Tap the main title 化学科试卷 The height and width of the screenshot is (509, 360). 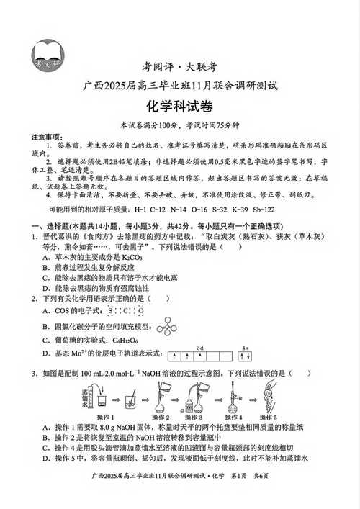click(179, 106)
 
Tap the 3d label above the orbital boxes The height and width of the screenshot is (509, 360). click(201, 347)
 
